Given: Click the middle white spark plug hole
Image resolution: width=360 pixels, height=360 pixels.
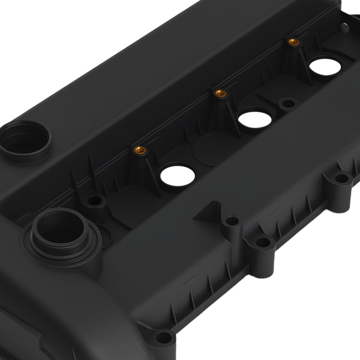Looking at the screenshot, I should coord(255,117).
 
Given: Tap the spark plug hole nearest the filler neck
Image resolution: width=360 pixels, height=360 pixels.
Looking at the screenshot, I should coord(178,175).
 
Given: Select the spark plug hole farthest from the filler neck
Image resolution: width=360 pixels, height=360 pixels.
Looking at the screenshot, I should coord(326,66).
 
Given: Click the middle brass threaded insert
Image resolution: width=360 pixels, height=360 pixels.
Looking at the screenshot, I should coord(221,93).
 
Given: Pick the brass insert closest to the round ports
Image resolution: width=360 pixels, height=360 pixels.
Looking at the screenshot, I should coord(140,150).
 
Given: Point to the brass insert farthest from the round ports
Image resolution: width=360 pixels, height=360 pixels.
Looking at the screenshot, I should coord(293,41).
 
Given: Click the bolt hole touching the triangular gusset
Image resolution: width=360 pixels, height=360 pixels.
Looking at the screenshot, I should coord(232,221).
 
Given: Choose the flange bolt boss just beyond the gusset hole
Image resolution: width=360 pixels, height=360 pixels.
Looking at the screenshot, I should coord(263,243).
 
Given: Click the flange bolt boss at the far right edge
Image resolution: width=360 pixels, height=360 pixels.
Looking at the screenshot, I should coord(341,178).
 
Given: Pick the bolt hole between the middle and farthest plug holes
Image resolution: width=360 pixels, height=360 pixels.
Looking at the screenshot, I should coord(289,104).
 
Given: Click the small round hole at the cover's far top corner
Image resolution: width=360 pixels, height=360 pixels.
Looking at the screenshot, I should coord(344,26).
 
